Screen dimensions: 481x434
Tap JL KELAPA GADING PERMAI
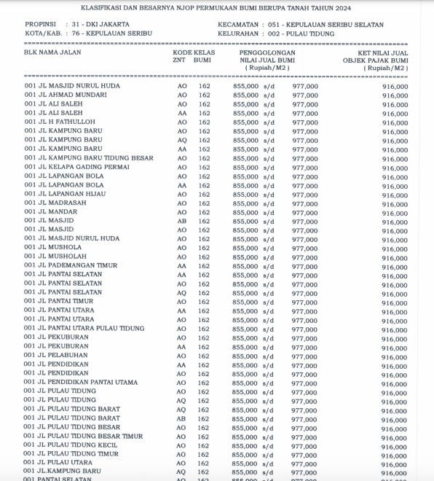[x=77, y=167]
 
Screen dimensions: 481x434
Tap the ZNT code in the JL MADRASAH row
[x=182, y=203]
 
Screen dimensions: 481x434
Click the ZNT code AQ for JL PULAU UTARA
[x=182, y=463]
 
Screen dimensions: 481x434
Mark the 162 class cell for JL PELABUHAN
[x=204, y=355]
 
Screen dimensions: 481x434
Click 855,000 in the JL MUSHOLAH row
[x=245, y=257]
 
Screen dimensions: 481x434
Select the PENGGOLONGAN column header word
[x=267, y=53]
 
